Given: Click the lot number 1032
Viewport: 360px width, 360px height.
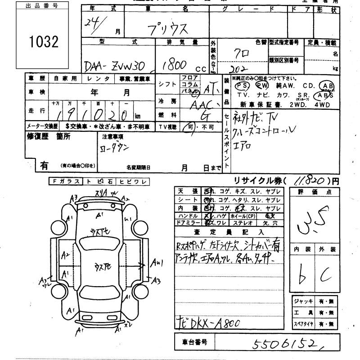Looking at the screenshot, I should [x=44, y=42].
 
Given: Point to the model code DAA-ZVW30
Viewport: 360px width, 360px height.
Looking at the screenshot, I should [x=118, y=65].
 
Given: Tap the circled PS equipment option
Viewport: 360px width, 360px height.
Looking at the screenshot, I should [x=243, y=85].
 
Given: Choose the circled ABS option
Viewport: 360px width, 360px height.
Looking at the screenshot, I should [x=324, y=95].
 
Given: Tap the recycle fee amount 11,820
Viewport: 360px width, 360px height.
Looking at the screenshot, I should [x=310, y=180].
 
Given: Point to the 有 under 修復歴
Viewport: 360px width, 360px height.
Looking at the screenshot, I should [x=44, y=165].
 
